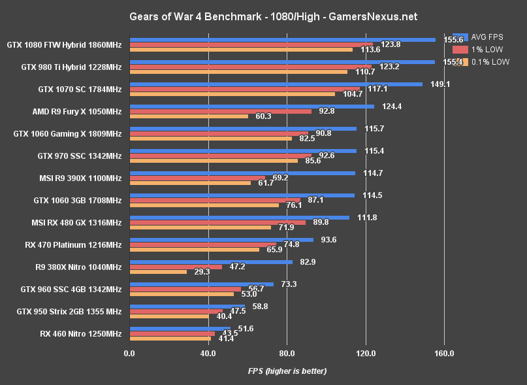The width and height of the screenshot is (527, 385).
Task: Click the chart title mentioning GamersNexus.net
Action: (263, 16)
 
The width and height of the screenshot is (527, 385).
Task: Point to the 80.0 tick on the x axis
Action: (287, 354)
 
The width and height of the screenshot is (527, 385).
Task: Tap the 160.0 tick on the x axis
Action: (444, 354)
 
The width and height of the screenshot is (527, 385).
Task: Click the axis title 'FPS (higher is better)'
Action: (287, 371)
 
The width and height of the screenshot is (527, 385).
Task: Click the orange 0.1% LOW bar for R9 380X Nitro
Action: (159, 272)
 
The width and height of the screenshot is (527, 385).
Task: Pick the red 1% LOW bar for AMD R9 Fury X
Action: (221, 111)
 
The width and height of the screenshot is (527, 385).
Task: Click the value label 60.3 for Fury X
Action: (264, 116)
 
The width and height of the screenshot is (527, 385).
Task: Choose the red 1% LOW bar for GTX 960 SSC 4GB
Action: (185, 289)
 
